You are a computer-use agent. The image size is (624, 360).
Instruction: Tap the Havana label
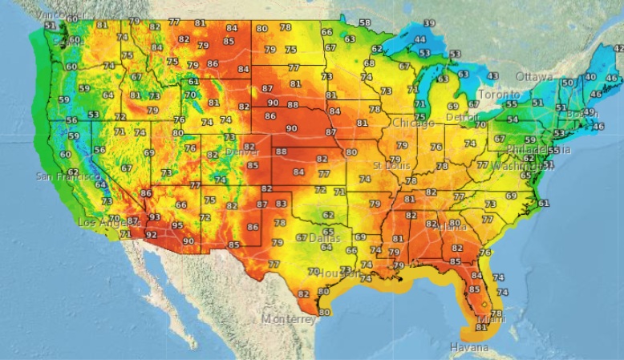click(469, 347)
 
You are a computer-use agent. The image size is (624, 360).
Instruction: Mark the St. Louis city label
click(392, 165)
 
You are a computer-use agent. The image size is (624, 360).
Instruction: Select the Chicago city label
click(413, 123)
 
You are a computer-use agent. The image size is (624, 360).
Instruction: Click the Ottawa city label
click(534, 76)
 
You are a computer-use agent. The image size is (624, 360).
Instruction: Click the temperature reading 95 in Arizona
click(178, 225)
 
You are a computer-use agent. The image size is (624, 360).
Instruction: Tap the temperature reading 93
click(154, 217)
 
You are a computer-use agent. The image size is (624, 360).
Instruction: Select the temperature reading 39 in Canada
click(429, 23)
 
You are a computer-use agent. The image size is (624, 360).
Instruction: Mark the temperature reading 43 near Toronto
click(492, 75)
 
